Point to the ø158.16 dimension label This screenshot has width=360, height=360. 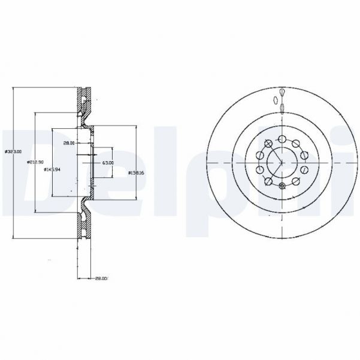click(x=137, y=173)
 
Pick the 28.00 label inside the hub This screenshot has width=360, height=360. click(x=69, y=143)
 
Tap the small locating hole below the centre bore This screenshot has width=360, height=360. click(x=282, y=186)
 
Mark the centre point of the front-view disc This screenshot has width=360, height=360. click(x=281, y=162)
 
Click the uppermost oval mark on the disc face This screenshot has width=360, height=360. click(x=282, y=92)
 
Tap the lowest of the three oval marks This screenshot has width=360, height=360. click(x=282, y=108)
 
